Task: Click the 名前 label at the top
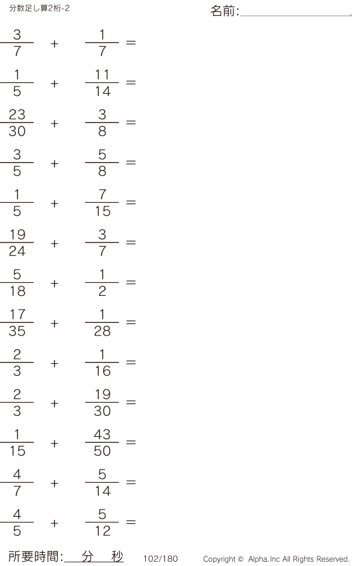click(x=224, y=11)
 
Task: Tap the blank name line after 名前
click(x=295, y=13)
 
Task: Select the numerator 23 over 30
click(x=17, y=115)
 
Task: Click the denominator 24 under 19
click(x=17, y=251)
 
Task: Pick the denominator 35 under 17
click(x=17, y=331)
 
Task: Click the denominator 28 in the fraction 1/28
click(x=102, y=331)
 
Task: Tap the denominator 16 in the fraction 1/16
click(x=102, y=372)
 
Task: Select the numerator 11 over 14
click(x=102, y=75)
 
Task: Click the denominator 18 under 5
click(x=17, y=292)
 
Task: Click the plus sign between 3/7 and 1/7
click(x=55, y=43)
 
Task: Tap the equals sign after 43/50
click(x=131, y=443)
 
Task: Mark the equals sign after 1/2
click(x=131, y=283)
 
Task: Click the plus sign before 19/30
click(x=55, y=403)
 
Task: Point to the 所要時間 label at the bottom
click(x=35, y=557)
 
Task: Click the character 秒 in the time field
click(x=117, y=556)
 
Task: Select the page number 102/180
click(x=161, y=559)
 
